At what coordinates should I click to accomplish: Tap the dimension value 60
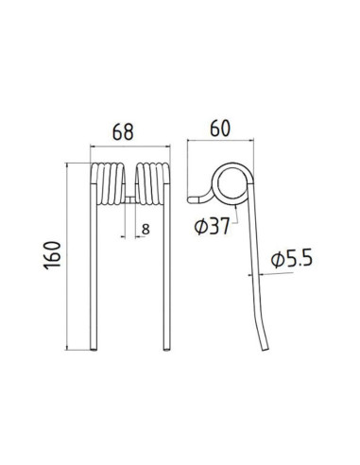point(220,126)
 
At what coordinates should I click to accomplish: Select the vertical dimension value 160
point(56,256)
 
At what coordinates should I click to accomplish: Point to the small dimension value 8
point(145,229)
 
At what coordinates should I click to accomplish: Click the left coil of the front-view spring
point(109,181)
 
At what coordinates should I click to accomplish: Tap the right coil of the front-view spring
point(152,181)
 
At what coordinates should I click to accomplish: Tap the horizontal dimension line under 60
point(220,141)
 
